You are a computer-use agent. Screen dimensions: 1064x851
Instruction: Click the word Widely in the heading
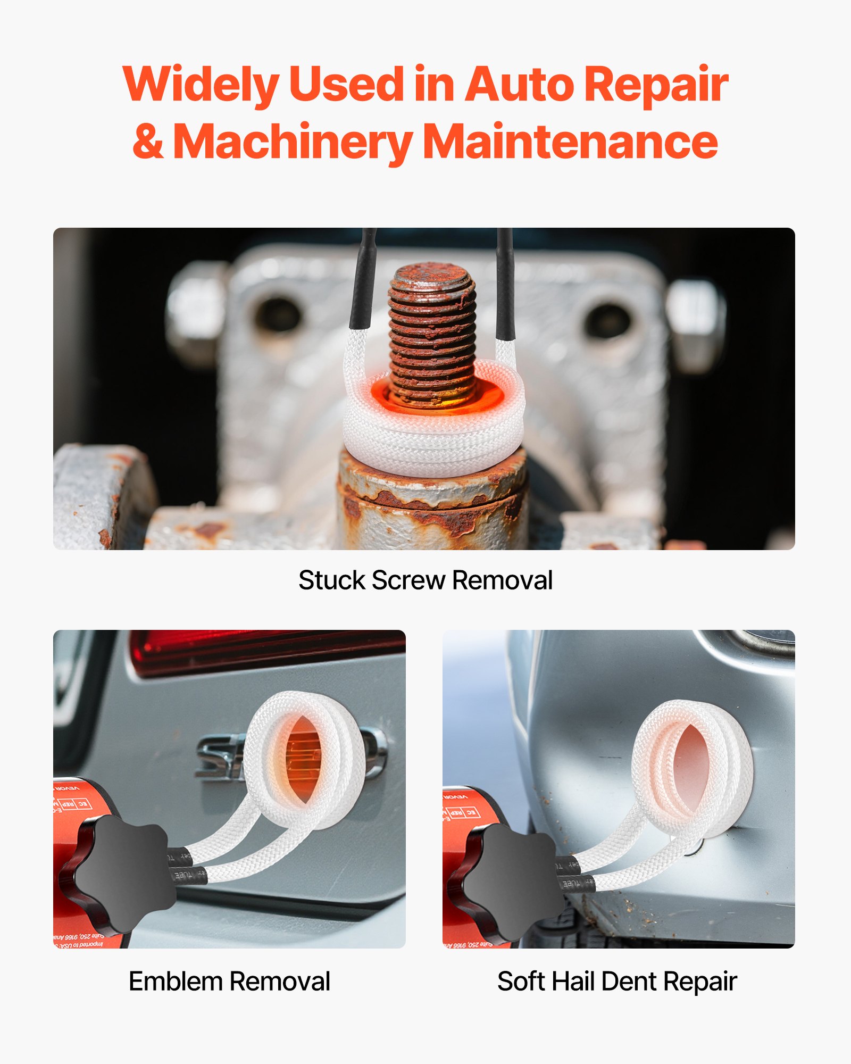201,85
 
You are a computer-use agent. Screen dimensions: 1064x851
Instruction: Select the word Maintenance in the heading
572,142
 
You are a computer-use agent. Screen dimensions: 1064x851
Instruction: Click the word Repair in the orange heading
656,85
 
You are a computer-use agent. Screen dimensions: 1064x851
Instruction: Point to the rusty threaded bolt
432,330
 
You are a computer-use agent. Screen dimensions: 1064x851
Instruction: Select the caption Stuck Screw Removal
425,580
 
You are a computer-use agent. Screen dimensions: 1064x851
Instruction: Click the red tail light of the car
266,652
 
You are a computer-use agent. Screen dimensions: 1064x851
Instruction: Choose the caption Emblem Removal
229,982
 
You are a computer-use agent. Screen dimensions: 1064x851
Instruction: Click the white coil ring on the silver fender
691,766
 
